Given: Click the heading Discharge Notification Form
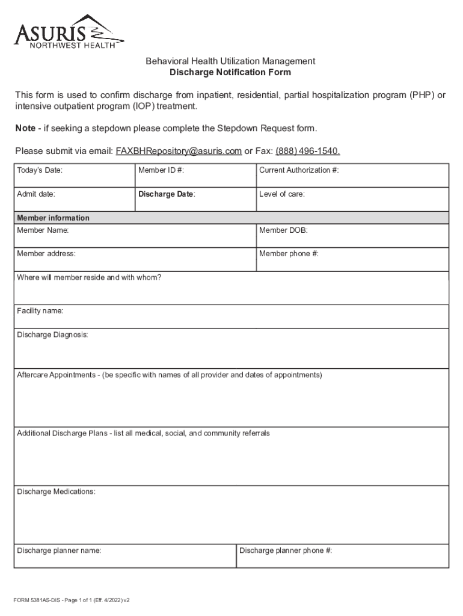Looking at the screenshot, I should pyautogui.click(x=230, y=73).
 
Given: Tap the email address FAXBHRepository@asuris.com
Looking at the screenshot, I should pyautogui.click(x=179, y=151).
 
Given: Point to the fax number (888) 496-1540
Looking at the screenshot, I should pyautogui.click(x=307, y=151).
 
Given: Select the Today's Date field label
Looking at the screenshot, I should pyautogui.click(x=40, y=170).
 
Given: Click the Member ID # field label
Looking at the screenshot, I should pyautogui.click(x=161, y=170).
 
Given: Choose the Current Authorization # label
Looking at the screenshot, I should pyautogui.click(x=299, y=170).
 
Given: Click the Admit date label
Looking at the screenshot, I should pyautogui.click(x=37, y=194).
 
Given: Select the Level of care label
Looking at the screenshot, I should pyautogui.click(x=281, y=194).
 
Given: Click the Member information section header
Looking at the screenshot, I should pyautogui.click(x=53, y=218).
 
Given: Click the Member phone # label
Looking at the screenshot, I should pyautogui.click(x=289, y=254).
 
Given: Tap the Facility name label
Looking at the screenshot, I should pyautogui.click(x=40, y=311).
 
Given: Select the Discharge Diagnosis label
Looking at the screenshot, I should pyautogui.click(x=52, y=335).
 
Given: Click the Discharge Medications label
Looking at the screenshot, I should pyautogui.click(x=56, y=491).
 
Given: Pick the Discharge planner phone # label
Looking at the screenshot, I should pyautogui.click(x=286, y=550).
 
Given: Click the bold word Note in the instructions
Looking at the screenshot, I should pyautogui.click(x=27, y=129).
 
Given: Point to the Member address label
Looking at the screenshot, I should pyautogui.click(x=46, y=254).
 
